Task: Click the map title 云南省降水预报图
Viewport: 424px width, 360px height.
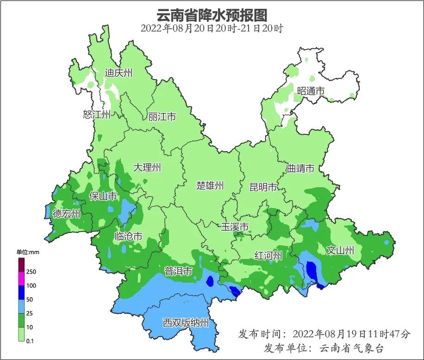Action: click(x=212, y=15)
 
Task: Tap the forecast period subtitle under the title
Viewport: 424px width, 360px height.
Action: click(x=212, y=28)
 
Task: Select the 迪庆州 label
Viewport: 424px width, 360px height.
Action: click(x=118, y=73)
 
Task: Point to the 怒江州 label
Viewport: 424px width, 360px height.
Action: click(x=97, y=114)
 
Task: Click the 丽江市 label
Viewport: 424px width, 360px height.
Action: click(x=162, y=117)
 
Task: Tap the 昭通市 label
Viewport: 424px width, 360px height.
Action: click(x=311, y=91)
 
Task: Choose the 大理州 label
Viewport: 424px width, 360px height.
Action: click(x=147, y=167)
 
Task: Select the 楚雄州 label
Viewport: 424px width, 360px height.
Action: click(x=210, y=186)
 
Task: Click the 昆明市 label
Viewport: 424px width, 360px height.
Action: click(x=263, y=187)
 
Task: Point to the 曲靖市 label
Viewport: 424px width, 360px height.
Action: click(x=300, y=168)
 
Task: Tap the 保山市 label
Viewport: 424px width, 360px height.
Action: click(x=103, y=196)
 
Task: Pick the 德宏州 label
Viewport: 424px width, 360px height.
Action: click(x=66, y=214)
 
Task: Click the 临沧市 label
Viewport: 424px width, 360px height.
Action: click(x=128, y=236)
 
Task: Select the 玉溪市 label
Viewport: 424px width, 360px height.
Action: click(x=235, y=227)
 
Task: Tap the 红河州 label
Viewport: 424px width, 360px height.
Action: click(x=268, y=255)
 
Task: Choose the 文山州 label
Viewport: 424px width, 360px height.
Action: click(x=340, y=251)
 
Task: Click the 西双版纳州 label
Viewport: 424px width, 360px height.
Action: click(x=186, y=323)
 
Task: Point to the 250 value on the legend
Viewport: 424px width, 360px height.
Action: click(x=31, y=272)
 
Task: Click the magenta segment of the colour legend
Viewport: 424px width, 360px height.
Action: click(x=21, y=279)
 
